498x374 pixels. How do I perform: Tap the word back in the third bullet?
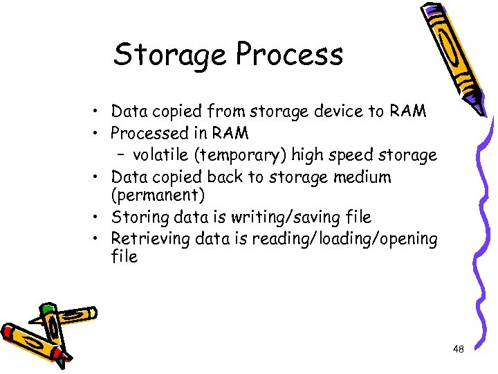(224, 177)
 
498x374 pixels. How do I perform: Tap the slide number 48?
(458, 350)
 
